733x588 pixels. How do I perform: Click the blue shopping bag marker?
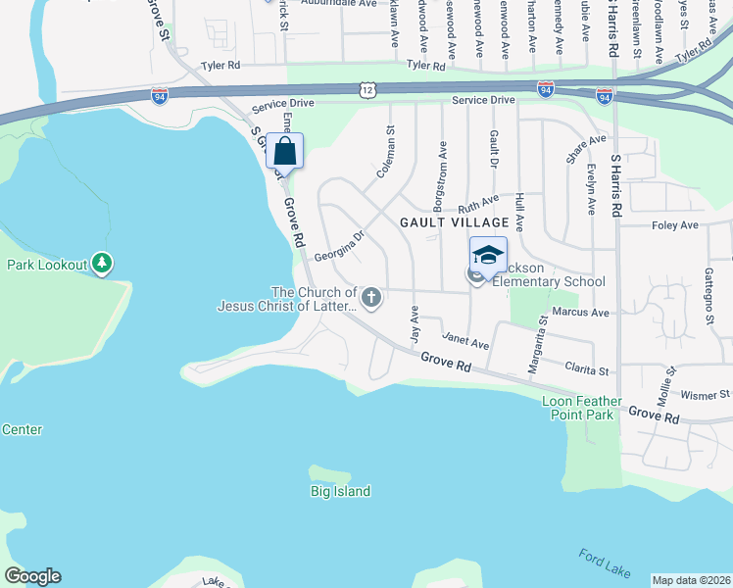tap(284, 152)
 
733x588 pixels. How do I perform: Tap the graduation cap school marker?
tap(488, 256)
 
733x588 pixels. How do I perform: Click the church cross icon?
tap(371, 297)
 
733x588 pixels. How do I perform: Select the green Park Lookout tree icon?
tap(102, 263)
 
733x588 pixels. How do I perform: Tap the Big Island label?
tap(340, 491)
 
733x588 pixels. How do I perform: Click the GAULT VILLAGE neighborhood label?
tap(455, 222)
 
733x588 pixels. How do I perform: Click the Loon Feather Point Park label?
tap(582, 408)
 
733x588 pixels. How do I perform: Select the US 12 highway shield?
tap(366, 89)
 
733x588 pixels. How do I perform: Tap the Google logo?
tap(32, 576)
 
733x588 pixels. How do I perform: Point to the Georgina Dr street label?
tap(339, 246)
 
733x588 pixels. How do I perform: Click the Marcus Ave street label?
tap(580, 313)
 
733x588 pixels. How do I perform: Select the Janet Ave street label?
tap(465, 341)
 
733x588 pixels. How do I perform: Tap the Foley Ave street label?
tap(674, 225)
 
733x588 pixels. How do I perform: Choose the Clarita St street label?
tap(587, 369)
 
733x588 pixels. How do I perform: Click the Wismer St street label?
tap(706, 395)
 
